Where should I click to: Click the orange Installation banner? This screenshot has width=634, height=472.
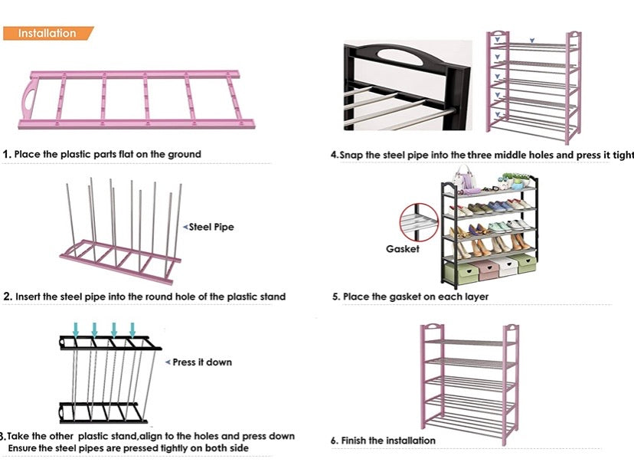[x=47, y=33]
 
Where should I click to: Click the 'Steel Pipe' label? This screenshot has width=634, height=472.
[x=211, y=227]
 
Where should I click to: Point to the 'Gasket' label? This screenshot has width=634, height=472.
[x=402, y=249]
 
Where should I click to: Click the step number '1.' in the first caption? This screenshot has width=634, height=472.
[x=7, y=154]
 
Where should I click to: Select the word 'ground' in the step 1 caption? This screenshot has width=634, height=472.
[x=185, y=154]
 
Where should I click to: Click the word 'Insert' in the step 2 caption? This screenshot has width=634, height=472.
[x=30, y=297]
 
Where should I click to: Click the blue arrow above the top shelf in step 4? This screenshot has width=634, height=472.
[x=533, y=39]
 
